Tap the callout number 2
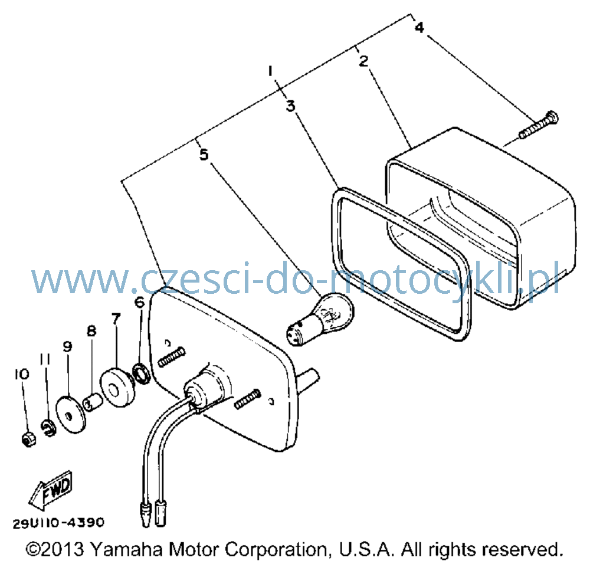click(363, 61)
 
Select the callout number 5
click(204, 154)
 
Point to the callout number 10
click(22, 374)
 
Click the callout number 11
click(45, 360)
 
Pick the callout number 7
click(116, 319)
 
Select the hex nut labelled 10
click(28, 439)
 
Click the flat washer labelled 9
click(71, 414)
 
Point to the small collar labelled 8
click(93, 402)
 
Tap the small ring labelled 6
click(142, 373)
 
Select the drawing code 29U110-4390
click(58, 523)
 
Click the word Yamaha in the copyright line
click(127, 550)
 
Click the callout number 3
click(290, 106)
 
